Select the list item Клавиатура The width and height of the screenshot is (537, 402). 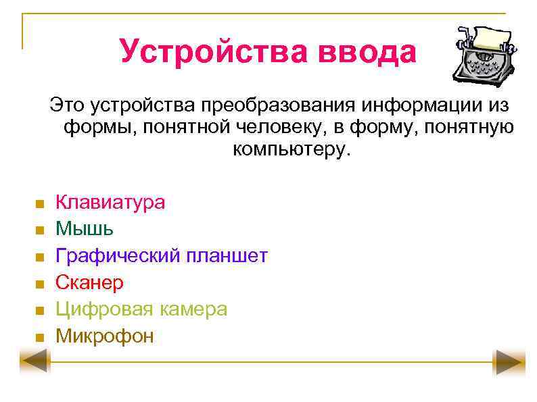110,202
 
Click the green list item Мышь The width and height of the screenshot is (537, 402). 85,228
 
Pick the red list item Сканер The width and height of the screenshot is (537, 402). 89,282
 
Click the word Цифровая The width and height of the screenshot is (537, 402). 105,309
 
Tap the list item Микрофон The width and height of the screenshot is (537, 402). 105,336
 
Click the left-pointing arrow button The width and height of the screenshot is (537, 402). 34,363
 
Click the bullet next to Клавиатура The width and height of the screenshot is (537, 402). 40,203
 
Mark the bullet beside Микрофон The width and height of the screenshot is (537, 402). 40,337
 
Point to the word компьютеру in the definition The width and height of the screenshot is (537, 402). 293,148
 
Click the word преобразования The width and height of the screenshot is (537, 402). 277,105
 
